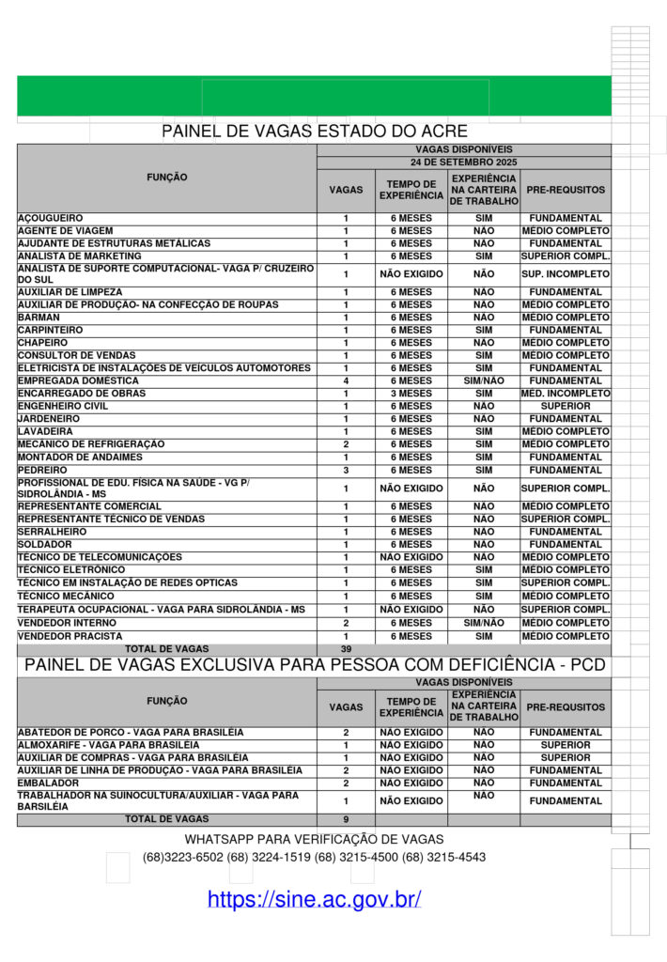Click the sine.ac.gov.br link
pyautogui.click(x=314, y=899)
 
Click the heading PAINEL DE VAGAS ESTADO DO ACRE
pyautogui.click(x=314, y=131)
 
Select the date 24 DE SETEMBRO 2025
pyautogui.click(x=464, y=162)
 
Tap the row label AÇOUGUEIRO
pyautogui.click(x=51, y=218)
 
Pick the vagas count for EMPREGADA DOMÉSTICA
pyautogui.click(x=346, y=380)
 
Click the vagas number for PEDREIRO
pyautogui.click(x=346, y=470)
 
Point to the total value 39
pyautogui.click(x=346, y=649)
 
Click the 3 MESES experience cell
pyautogui.click(x=411, y=394)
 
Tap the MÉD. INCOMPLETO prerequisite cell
pyautogui.click(x=566, y=394)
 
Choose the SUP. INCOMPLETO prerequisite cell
pyautogui.click(x=566, y=274)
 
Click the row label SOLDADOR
pyautogui.click(x=44, y=545)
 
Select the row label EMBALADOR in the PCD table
pyautogui.click(x=48, y=783)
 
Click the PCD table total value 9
pyautogui.click(x=346, y=819)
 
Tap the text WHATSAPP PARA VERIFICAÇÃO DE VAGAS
pyautogui.click(x=314, y=839)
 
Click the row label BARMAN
pyautogui.click(x=38, y=318)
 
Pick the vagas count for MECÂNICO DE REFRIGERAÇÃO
pyautogui.click(x=346, y=443)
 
